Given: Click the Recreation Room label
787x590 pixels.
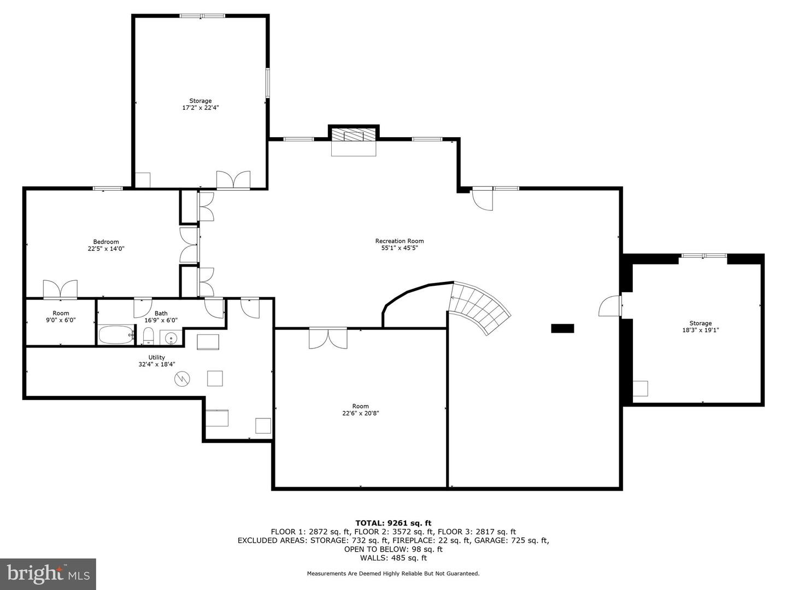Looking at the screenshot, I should click(399, 241).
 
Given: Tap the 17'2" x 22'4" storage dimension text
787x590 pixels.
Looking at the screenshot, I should click(201, 108).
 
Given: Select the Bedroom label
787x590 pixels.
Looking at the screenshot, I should click(105, 242).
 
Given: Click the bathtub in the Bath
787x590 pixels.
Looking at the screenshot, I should click(116, 334).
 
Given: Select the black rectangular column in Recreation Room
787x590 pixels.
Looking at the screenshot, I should click(562, 328).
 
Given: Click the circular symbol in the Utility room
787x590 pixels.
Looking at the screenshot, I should click(182, 379).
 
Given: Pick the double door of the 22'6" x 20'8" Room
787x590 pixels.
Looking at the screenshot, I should click(328, 338).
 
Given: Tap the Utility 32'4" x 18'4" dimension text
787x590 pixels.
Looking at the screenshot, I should click(157, 364).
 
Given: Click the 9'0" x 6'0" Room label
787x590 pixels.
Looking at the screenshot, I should click(61, 317).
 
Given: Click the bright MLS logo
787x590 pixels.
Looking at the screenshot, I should click(48, 574).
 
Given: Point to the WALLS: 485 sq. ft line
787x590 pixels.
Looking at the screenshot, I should click(393, 558).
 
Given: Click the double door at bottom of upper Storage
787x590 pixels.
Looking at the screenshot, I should click(233, 180).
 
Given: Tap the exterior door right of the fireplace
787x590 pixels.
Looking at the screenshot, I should click(483, 198).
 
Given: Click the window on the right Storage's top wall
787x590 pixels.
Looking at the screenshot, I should click(703, 256).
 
